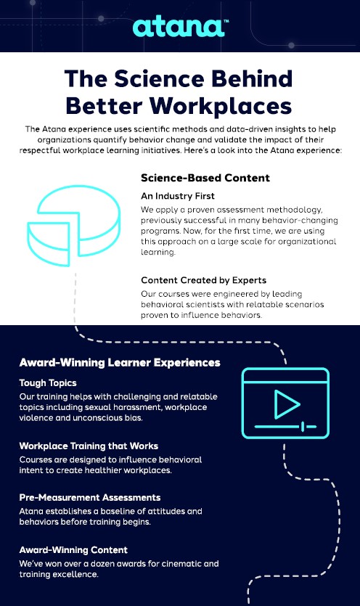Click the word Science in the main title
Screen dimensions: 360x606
tap(159, 78)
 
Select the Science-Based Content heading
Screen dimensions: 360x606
tap(205, 178)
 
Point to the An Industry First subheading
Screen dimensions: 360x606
tap(178, 196)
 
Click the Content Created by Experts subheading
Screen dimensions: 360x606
tap(203, 280)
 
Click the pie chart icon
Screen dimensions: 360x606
tap(73, 225)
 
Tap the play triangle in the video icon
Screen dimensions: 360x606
tap(287, 404)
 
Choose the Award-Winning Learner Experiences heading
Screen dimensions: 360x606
tap(120, 363)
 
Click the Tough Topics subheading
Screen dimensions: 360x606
tap(48, 383)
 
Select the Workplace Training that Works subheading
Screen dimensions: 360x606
tap(89, 446)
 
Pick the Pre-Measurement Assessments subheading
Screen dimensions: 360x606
tap(90, 497)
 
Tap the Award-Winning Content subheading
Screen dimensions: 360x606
tap(73, 550)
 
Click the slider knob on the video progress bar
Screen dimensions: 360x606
tap(303, 427)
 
